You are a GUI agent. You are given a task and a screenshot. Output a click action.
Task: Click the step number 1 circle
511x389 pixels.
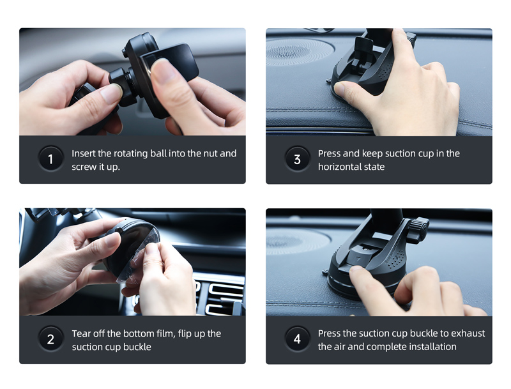(x=50, y=159)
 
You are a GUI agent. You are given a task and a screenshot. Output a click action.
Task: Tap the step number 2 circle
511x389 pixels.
(x=50, y=339)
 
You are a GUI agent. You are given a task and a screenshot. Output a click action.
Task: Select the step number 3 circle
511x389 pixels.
(x=297, y=159)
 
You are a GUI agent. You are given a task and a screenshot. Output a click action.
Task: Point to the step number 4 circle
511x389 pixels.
(x=297, y=339)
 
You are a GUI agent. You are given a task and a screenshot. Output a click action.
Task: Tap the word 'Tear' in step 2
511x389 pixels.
(x=82, y=333)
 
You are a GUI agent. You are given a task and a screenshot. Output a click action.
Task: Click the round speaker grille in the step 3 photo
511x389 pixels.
(x=299, y=51)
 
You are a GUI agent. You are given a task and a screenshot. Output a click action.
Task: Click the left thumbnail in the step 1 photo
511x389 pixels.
(x=111, y=93)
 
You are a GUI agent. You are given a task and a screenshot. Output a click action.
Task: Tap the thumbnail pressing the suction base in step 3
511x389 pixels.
(x=340, y=88)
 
